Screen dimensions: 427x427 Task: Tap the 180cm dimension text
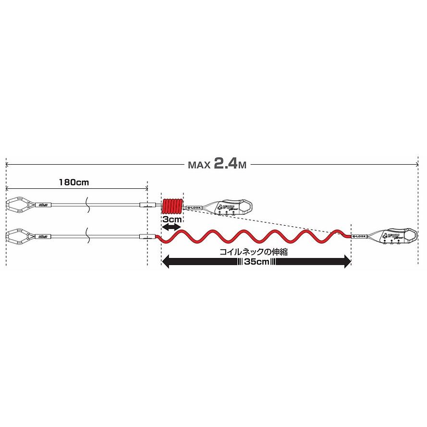tap(74, 183)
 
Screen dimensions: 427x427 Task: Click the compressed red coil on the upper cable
tap(172, 207)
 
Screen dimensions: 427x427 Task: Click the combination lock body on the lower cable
tap(394, 236)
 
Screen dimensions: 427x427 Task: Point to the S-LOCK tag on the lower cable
tap(359, 236)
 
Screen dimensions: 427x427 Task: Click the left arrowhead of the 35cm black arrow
tap(166, 262)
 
